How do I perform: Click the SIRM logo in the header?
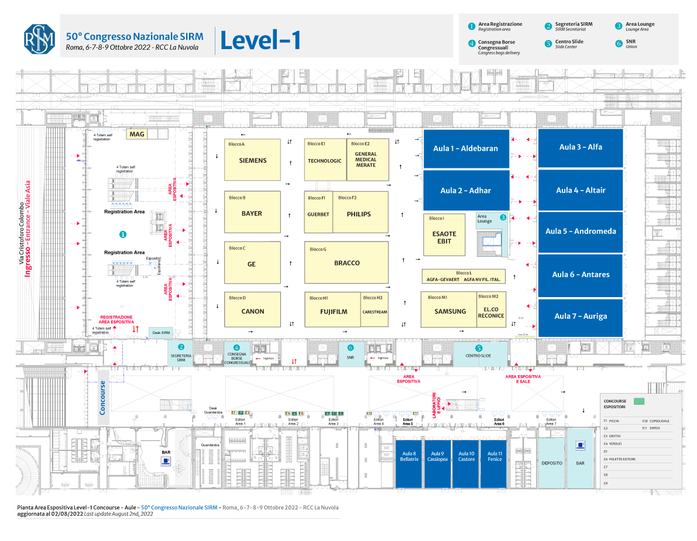point(39,39)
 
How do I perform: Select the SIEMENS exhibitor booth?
point(253,160)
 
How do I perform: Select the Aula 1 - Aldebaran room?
point(465,149)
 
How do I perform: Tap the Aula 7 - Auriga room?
point(581,316)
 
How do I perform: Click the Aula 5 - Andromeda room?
point(581,231)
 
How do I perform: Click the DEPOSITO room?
point(552,462)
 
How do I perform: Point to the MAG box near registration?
point(137,135)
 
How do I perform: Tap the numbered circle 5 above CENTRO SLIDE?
point(479,347)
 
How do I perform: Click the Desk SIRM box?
point(160,332)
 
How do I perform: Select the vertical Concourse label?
point(103,398)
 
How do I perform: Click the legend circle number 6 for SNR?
point(619,43)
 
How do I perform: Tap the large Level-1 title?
point(260,40)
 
